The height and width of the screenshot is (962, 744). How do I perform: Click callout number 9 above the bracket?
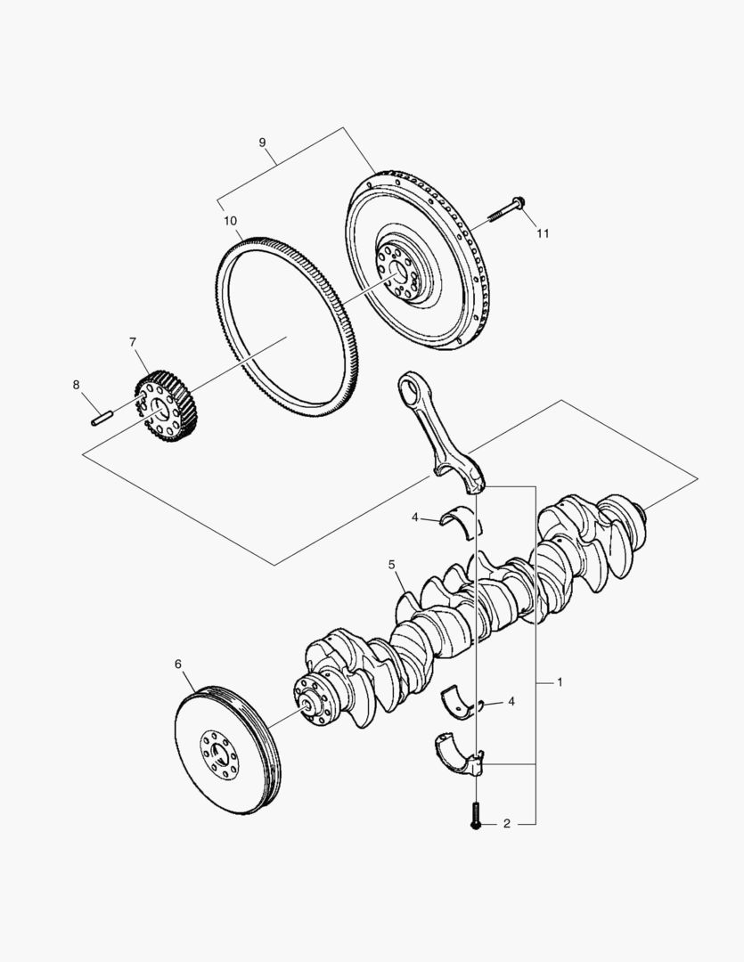262,143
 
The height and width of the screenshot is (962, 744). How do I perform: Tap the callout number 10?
230,220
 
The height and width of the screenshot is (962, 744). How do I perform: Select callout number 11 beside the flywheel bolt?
542,233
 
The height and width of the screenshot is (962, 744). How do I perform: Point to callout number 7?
133,342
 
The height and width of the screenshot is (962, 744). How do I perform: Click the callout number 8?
76,385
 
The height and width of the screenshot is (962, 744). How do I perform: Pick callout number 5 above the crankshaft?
391,565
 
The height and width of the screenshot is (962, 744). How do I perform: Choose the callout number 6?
177,664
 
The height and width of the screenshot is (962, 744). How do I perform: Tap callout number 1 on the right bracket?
560,682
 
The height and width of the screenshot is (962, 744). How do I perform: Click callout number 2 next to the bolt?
506,824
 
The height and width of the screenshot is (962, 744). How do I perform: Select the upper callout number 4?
415,517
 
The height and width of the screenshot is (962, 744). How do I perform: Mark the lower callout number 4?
511,702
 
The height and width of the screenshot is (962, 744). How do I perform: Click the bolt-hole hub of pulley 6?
218,751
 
